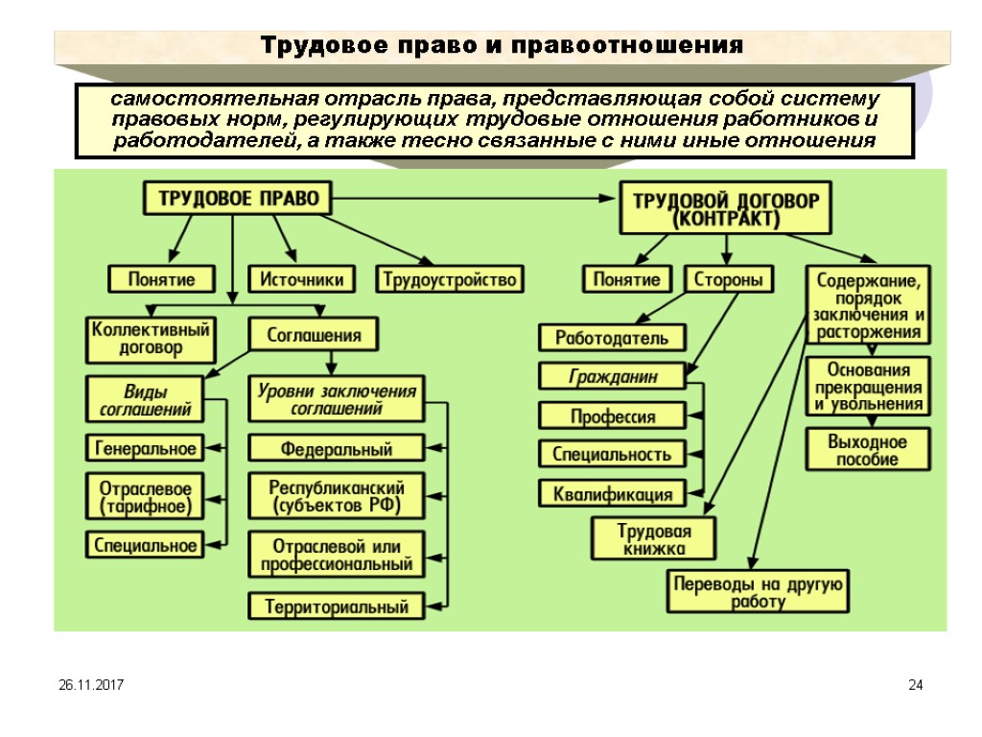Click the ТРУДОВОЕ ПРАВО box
(x=238, y=199)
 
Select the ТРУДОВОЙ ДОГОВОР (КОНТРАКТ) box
(x=726, y=207)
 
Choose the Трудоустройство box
(x=450, y=279)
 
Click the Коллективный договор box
(x=151, y=338)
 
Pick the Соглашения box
(x=314, y=335)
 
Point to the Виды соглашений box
(x=146, y=400)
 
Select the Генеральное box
(x=146, y=448)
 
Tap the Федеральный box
(x=337, y=448)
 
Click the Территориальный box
(x=337, y=606)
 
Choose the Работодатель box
(x=613, y=338)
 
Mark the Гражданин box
(x=613, y=377)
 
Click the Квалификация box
(x=613, y=494)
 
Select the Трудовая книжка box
(x=654, y=538)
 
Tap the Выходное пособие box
(x=867, y=450)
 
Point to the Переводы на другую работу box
(x=758, y=591)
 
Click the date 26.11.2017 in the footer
(x=83, y=685)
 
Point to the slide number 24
(x=915, y=685)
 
